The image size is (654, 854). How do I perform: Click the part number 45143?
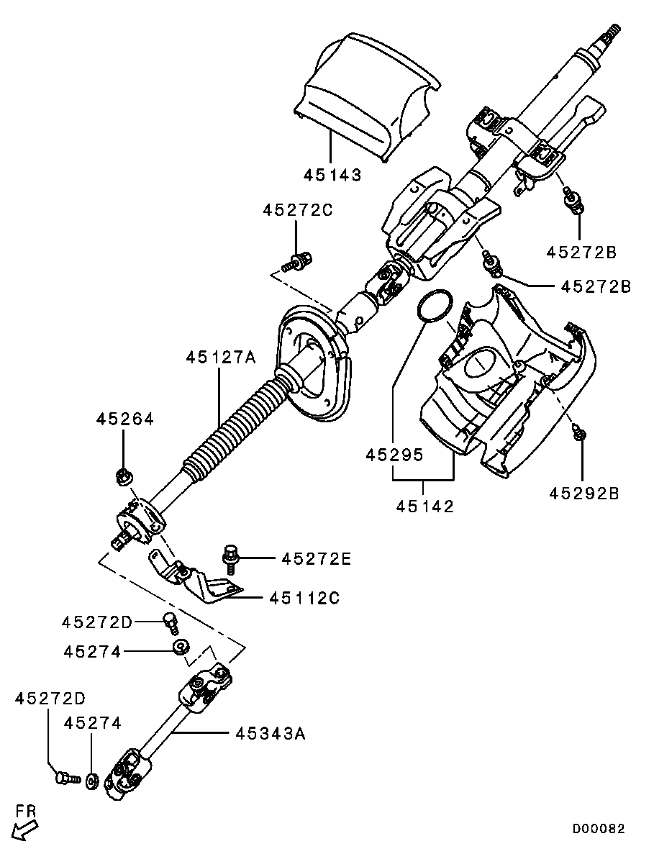click(332, 175)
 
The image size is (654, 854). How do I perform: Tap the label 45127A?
click(221, 357)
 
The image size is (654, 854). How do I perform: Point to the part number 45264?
click(125, 418)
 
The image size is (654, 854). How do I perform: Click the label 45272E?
click(317, 558)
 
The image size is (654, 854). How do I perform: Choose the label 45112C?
click(304, 598)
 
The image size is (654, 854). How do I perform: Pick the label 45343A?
click(271, 734)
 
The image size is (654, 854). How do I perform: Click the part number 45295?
click(394, 454)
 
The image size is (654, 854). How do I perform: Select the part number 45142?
click(424, 506)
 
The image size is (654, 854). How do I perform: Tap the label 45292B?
click(584, 493)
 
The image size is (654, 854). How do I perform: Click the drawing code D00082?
click(599, 828)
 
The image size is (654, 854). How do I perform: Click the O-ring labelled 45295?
click(435, 306)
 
